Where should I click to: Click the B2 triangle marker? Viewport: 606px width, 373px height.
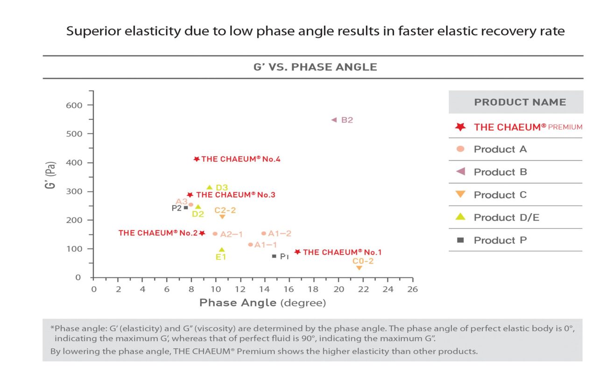(334, 120)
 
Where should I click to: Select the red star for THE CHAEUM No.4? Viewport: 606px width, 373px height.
(197, 159)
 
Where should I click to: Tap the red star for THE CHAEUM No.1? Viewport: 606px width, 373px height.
(297, 252)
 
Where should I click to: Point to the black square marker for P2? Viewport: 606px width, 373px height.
(186, 208)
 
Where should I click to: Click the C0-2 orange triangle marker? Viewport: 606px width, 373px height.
(359, 268)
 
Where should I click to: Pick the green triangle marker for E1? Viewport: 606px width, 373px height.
(222, 250)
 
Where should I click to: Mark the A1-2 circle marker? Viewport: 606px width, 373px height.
(264, 233)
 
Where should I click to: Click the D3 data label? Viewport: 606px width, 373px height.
(222, 188)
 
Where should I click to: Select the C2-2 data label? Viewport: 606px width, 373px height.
(225, 210)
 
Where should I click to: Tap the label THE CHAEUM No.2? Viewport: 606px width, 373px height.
(158, 233)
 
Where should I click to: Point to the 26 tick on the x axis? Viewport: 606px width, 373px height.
(412, 290)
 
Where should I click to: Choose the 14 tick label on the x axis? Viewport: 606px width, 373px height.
(265, 290)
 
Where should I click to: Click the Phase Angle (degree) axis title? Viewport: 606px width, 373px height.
(262, 303)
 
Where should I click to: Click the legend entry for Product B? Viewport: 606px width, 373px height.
(500, 172)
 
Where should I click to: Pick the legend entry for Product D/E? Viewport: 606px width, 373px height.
(506, 217)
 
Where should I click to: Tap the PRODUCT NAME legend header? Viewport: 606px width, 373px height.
(520, 102)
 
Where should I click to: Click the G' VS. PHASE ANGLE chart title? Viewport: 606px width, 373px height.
(315, 67)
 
